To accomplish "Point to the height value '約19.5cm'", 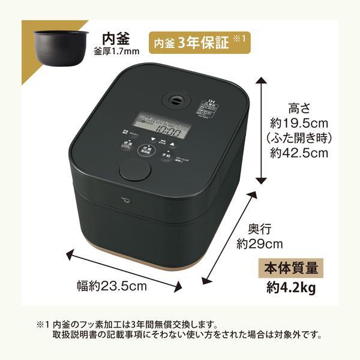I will (x=298, y=124).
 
